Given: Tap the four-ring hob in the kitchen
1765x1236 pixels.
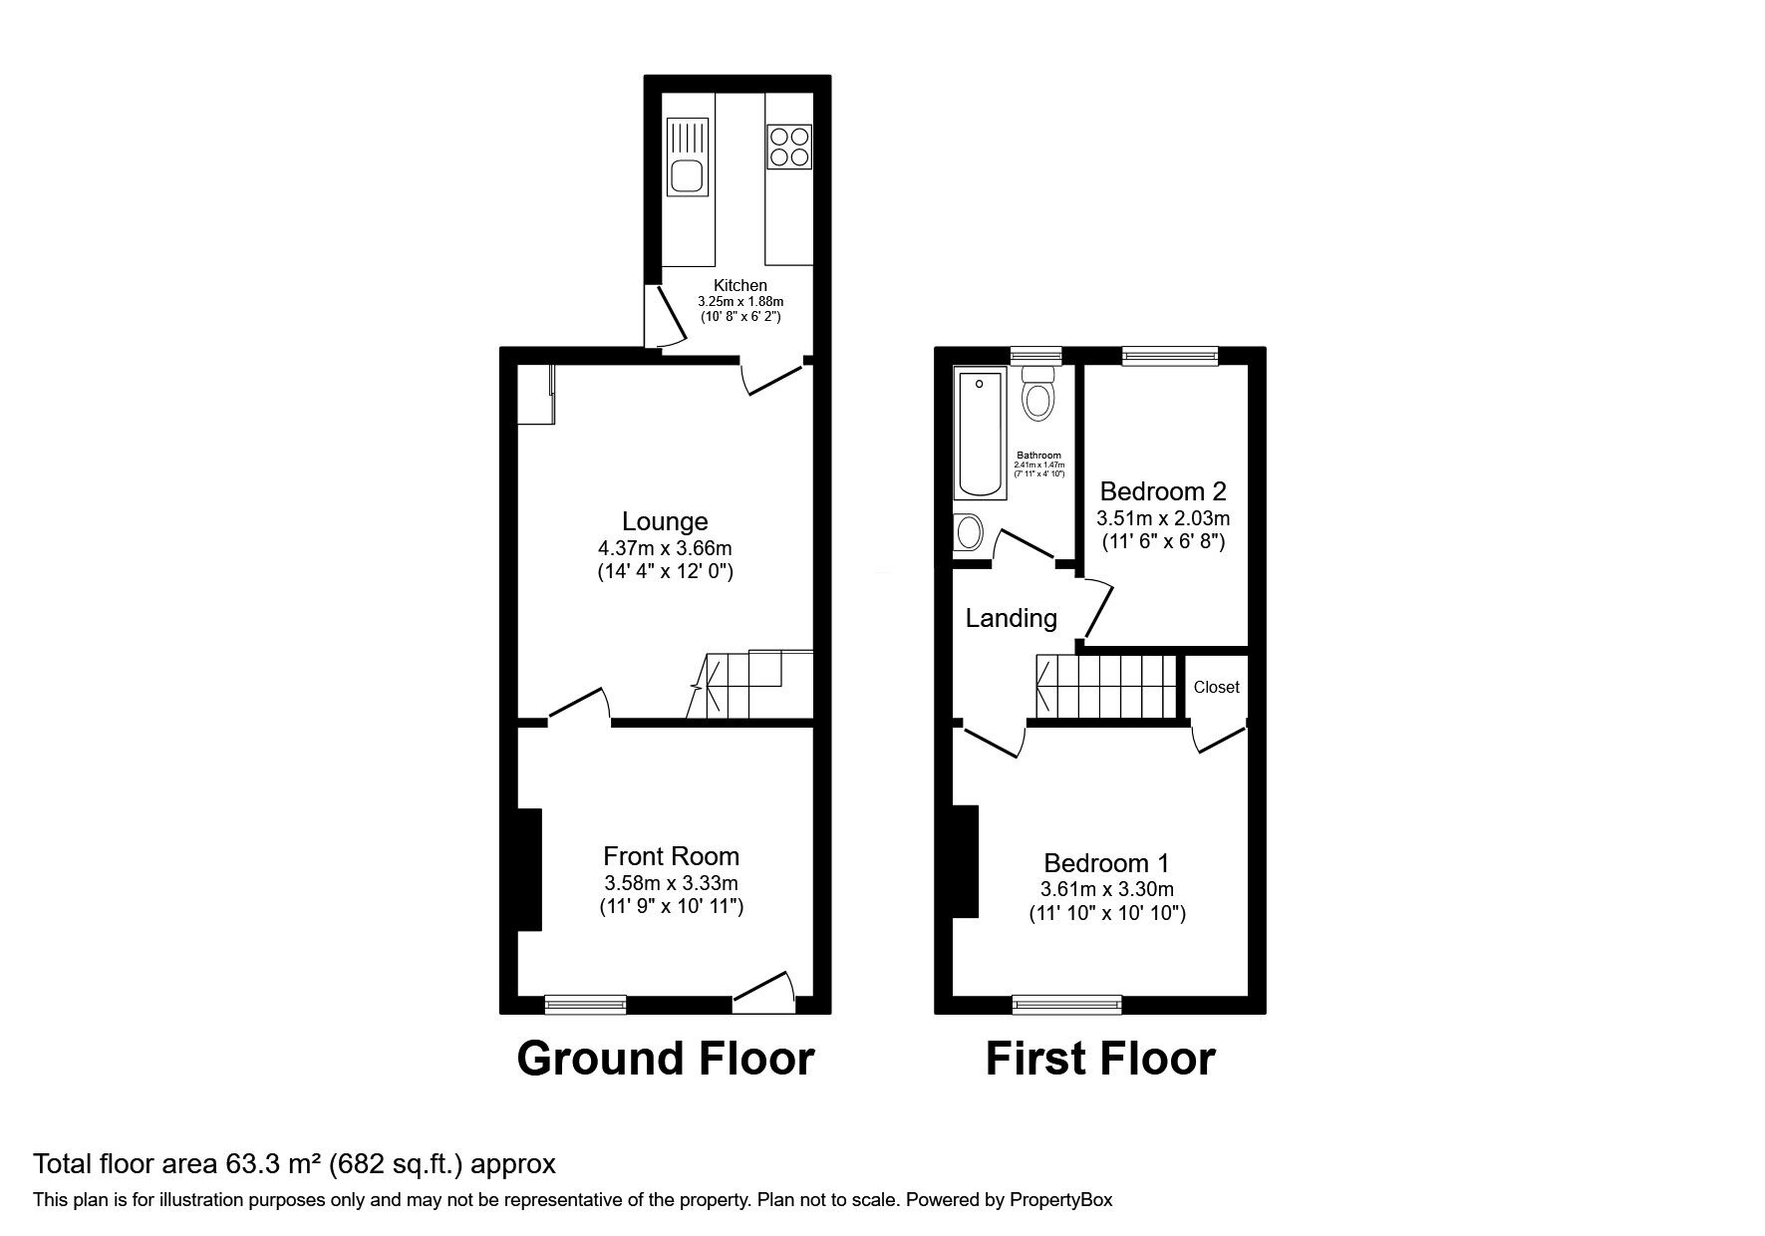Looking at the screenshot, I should pos(788,146).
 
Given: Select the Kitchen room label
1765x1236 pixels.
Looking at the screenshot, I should pos(740,286).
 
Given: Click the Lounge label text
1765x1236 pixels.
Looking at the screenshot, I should pos(665,521).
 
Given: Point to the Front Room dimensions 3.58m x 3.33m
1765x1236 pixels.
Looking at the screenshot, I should pos(671,883).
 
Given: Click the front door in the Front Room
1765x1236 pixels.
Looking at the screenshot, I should pos(764,992).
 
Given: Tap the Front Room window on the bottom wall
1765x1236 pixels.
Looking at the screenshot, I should pos(586,1004).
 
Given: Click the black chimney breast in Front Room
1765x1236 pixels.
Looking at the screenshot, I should pos(529,869).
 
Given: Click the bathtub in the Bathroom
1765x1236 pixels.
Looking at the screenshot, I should pos(983,435).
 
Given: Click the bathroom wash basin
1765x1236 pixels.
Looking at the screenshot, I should pos(968,531).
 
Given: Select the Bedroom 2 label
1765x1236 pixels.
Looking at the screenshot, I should pos(1163,491).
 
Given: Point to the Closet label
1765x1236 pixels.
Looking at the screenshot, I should pos(1216,687).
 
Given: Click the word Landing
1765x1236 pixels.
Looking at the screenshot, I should pos(1011,619).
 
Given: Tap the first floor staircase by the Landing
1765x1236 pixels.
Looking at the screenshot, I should pos(1106,686).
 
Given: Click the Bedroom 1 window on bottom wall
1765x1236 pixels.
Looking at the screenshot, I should pos(1066,1004).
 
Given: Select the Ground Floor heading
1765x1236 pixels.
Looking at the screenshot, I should pos(666,1059).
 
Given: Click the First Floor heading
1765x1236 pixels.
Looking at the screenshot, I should pos(1100,1059).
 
